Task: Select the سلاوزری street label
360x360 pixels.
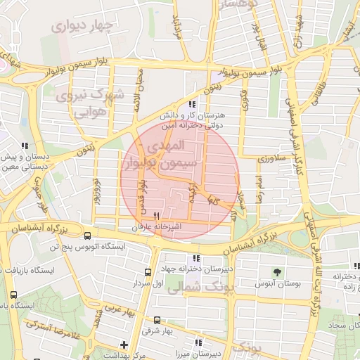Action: tap(271, 160)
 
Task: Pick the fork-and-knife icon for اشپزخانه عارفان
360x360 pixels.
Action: tap(156, 216)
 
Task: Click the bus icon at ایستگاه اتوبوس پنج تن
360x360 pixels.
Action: tap(87, 236)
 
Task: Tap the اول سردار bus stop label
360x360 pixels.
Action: tap(148, 283)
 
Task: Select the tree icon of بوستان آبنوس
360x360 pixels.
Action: tap(278, 272)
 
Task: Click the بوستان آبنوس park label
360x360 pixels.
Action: tap(278, 283)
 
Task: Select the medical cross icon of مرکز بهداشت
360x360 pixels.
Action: tap(124, 345)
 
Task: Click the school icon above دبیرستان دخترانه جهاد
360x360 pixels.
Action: tap(196, 258)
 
